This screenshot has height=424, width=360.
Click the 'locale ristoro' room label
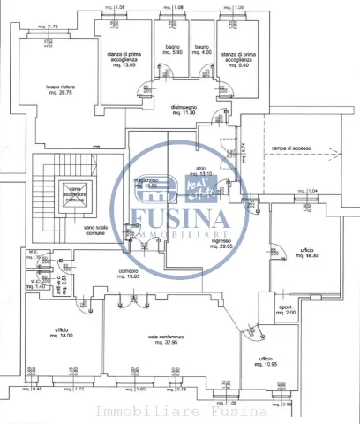point(61,90)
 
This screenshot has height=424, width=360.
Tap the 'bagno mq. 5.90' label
point(172,49)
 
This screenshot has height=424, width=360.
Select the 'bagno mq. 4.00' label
point(202,49)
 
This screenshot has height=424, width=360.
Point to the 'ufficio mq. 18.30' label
point(306,252)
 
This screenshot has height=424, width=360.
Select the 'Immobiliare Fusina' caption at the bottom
point(181,412)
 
